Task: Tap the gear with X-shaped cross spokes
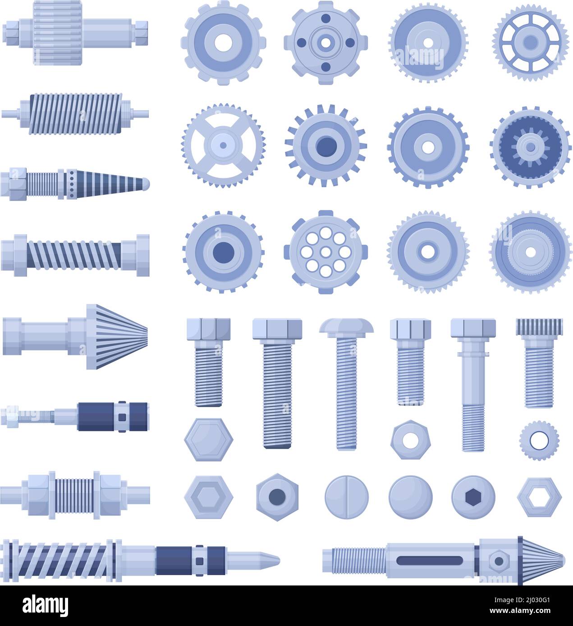point(223,145)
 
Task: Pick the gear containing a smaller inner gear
point(530,145)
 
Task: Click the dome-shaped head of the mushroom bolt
point(347,325)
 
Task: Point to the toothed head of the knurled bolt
point(539,326)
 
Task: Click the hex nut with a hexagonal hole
point(539,497)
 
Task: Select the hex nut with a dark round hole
point(277,497)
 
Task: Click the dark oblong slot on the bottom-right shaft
point(429,561)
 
